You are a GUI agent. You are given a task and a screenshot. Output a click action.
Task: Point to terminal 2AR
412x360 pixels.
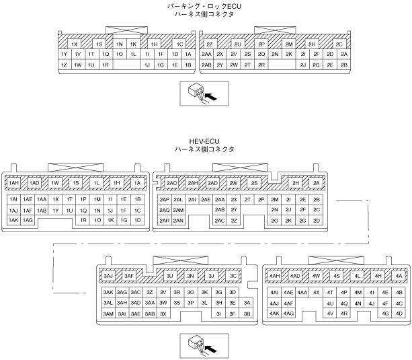pyautogui.click(x=164, y=220)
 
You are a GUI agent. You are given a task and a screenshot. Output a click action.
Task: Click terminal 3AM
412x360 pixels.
pyautogui.click(x=108, y=313)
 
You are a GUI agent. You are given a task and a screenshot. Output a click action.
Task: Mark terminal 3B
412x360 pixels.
pyautogui.click(x=247, y=313)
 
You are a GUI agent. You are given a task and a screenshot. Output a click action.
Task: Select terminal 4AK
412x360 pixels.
pyautogui.click(x=274, y=313)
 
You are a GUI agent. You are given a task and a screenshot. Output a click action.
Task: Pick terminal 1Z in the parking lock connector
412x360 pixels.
pyautogui.click(x=64, y=65)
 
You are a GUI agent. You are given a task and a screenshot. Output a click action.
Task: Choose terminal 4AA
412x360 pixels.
pyautogui.click(x=302, y=292)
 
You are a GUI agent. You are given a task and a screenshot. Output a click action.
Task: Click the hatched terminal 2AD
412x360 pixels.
pyautogui.click(x=212, y=183)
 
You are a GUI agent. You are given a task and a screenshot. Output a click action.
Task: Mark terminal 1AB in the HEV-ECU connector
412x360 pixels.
pyautogui.click(x=42, y=210)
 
